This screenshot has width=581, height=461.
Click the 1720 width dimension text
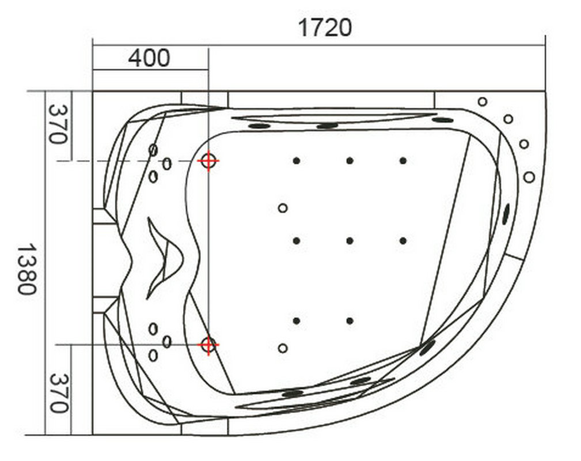pos(325,28)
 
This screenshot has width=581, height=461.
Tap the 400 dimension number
pos(149,58)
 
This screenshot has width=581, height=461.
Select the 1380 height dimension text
pos(28,269)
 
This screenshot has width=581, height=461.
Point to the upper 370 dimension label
pos(59,124)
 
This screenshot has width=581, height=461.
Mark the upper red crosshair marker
pos(208,161)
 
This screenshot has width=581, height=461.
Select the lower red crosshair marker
pos(208,345)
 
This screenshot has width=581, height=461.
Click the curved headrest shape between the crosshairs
pos(165,258)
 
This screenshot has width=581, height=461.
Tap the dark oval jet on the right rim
pos(506,214)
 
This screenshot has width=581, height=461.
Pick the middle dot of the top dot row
pos(350,161)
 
